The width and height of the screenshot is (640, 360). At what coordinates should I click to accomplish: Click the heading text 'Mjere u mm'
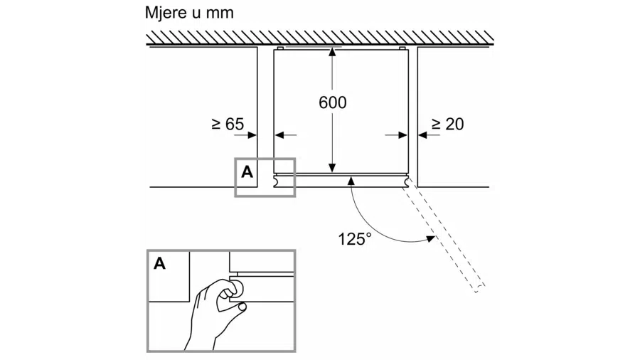pos(188,13)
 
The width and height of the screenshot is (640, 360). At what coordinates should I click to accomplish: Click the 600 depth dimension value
pos(332,102)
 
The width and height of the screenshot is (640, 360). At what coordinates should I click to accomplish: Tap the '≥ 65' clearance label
pos(228,125)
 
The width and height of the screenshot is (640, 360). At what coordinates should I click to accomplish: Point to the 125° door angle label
pos(354,239)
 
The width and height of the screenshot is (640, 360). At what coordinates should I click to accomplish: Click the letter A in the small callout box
pos(247,172)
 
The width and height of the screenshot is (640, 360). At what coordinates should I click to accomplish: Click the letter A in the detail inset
pos(160,264)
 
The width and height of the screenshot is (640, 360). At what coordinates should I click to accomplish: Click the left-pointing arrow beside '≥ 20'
pos(425,134)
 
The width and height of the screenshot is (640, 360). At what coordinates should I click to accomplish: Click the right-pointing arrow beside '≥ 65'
pos(250,134)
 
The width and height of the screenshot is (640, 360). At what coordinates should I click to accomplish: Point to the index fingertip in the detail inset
pos(242,307)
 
